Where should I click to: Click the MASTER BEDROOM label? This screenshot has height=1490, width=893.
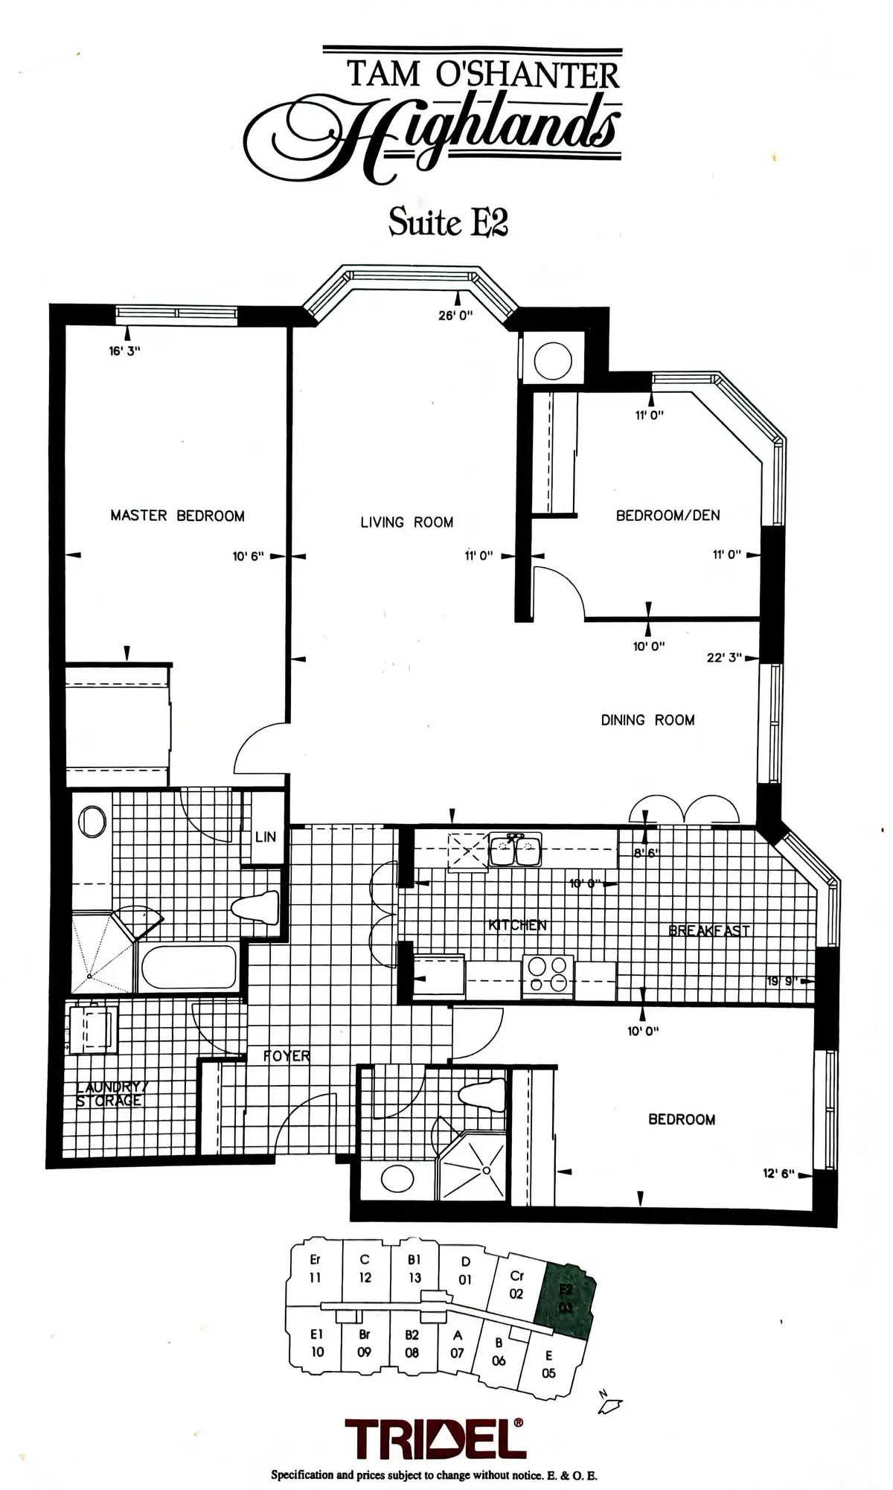pos(177,515)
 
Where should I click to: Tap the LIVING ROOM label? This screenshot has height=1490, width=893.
pos(406,522)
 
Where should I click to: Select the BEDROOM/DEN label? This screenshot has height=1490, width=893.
pos(668,515)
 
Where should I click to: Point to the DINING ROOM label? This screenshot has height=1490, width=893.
pos(647,720)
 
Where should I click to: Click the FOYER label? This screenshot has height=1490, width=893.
pos(287,1055)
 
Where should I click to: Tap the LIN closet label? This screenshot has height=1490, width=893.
pos(265,837)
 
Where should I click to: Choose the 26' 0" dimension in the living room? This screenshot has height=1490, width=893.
pos(455,316)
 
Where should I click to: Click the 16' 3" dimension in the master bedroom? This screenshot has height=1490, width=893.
pos(124,351)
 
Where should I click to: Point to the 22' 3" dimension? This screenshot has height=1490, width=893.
pos(724,657)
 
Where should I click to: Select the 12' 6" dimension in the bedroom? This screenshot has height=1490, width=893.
pos(778,1174)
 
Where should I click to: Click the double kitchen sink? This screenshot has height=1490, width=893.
pos(515,850)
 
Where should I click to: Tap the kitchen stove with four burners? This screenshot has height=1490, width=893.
pos(548,975)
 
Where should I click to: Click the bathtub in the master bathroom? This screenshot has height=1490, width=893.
pos(188,968)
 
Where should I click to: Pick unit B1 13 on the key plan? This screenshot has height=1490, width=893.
pos(415,1269)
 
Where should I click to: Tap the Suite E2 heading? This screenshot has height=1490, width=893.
pos(448,221)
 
